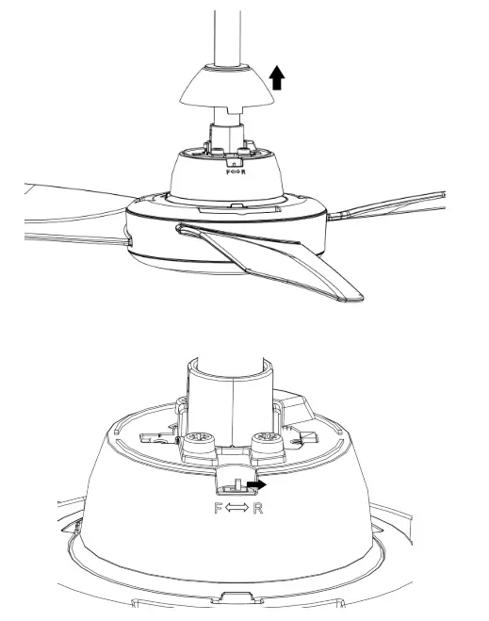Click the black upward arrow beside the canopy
click(x=276, y=77)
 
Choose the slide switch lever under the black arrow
click(x=231, y=487)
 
